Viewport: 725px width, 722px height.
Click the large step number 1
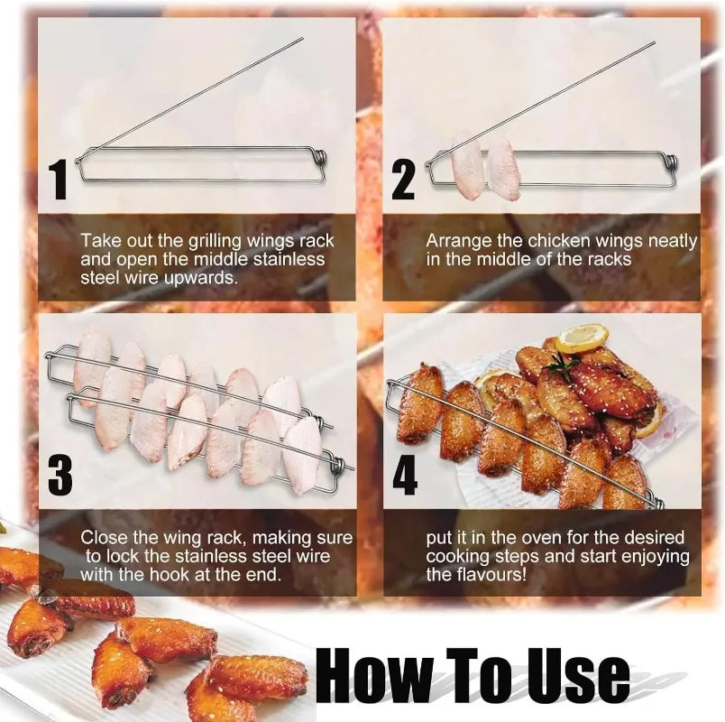coord(60,179)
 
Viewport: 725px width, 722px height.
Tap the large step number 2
coord(403,179)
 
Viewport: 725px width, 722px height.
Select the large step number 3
coord(60,475)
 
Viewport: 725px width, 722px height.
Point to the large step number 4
coord(404,475)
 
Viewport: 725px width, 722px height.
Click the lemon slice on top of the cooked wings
coord(581,338)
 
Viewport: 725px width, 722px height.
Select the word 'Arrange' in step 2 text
coord(453,241)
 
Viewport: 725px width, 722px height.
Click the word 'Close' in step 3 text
coord(102,538)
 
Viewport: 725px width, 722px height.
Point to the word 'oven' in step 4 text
coord(536,538)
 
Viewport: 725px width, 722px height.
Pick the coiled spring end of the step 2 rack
coord(668,162)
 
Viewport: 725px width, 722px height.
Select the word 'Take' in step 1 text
coord(97,241)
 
